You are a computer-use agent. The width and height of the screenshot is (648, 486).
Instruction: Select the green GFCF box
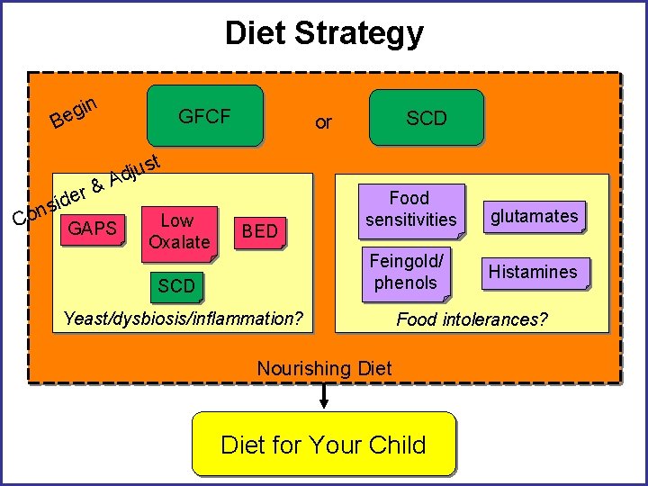point(204,116)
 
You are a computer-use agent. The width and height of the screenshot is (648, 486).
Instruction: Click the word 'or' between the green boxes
point(323,121)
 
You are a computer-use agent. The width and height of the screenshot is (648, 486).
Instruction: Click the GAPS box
point(93,229)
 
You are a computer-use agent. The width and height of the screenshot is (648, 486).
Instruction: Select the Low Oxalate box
point(178,231)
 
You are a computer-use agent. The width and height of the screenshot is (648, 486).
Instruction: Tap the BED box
point(259,231)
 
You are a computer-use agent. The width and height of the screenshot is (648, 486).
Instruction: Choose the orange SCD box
point(176,285)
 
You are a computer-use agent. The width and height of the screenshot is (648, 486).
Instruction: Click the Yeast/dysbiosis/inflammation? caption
point(184,318)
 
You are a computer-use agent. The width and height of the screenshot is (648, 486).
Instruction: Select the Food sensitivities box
point(410,209)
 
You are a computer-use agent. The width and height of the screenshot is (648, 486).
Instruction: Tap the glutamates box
point(534,216)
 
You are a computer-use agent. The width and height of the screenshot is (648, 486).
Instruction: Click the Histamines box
point(533,271)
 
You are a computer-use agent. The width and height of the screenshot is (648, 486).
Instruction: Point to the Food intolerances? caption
point(472,319)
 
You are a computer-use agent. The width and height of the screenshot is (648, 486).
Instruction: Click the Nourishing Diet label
point(324,367)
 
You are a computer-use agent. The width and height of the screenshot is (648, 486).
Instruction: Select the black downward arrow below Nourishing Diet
point(324,396)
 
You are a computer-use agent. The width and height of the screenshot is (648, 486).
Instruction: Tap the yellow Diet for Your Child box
point(324,444)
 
